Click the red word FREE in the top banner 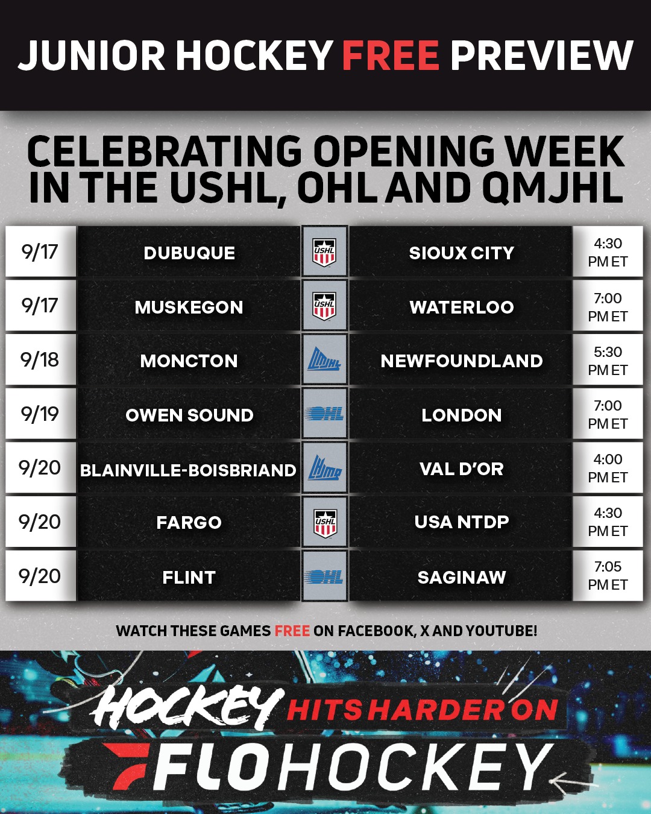[x=391, y=55]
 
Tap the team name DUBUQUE [x=189, y=253]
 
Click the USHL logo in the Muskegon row [x=324, y=306]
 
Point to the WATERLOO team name [x=462, y=307]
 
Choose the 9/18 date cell [x=40, y=359]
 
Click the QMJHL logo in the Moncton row [x=324, y=360]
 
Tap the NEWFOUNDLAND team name [x=462, y=361]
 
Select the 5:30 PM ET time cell [x=608, y=360]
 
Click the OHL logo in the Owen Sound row [x=324, y=414]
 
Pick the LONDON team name [x=462, y=415]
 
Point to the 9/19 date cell [x=40, y=414]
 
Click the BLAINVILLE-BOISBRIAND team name [x=188, y=470]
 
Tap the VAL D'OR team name [x=462, y=469]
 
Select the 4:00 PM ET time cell [x=608, y=467]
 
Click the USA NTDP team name [x=462, y=522]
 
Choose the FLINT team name [x=189, y=578]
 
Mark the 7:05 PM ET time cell [x=608, y=575]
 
